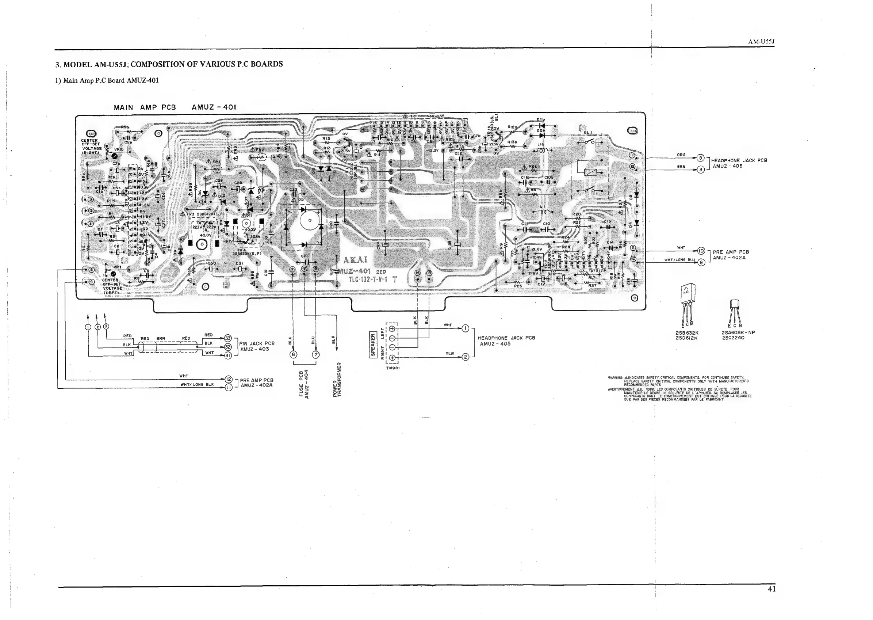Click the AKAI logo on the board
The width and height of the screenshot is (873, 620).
point(355,260)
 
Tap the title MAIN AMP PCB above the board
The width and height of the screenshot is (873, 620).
point(145,108)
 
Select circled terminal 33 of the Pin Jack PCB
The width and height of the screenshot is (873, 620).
point(228,338)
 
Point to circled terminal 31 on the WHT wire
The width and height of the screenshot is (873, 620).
point(228,355)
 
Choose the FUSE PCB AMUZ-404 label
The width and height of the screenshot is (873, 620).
point(304,384)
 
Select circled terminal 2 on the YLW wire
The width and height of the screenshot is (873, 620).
point(466,357)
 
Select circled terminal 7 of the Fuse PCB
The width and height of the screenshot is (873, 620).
point(315,354)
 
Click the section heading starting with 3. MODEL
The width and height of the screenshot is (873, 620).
point(169,64)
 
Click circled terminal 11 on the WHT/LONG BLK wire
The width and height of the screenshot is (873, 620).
point(229,388)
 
